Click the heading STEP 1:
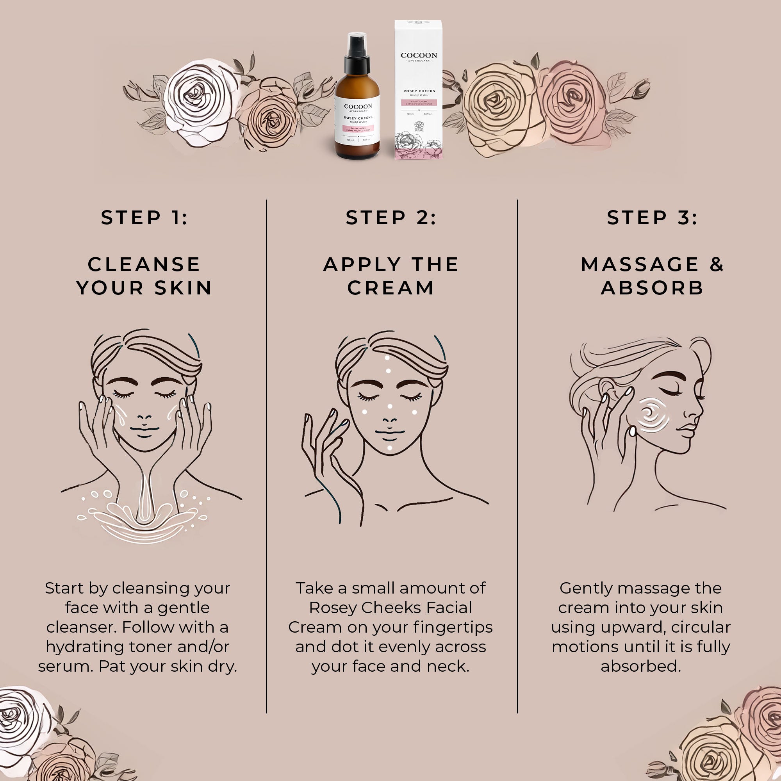[144, 218]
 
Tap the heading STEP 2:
[391, 218]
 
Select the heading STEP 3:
[652, 218]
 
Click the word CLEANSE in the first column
[144, 264]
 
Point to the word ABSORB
[652, 288]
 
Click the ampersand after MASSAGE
[716, 264]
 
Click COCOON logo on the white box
[419, 56]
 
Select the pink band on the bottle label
[358, 129]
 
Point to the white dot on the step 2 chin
[390, 448]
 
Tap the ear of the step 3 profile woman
[606, 389]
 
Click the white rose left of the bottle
[199, 101]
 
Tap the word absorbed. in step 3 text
[641, 666]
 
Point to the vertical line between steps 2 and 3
[517, 445]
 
